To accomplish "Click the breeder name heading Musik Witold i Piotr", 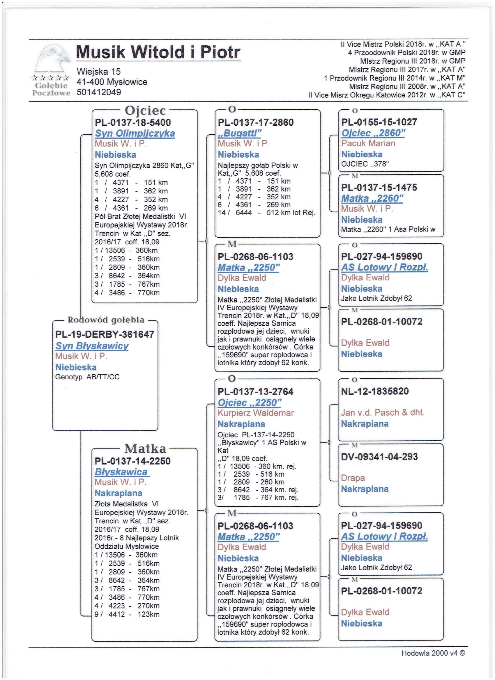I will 158,52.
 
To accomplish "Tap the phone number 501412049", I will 99,92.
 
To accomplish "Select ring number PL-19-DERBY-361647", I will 105,334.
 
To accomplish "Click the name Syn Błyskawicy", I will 92,346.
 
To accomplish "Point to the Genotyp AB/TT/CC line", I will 87,377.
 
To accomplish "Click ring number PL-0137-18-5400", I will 133,122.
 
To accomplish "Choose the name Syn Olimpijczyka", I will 135,133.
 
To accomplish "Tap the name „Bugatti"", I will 240,133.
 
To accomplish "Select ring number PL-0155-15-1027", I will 379,122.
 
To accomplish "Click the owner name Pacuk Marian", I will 368,143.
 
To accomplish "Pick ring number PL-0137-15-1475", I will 379,187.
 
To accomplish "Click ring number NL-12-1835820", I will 375,391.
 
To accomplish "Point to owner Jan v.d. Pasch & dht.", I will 382,412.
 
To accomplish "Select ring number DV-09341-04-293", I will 379,457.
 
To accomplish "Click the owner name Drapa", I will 353,478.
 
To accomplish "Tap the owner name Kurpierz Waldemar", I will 255,413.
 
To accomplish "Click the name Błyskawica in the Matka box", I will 121,472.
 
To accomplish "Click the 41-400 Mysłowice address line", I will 112,82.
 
